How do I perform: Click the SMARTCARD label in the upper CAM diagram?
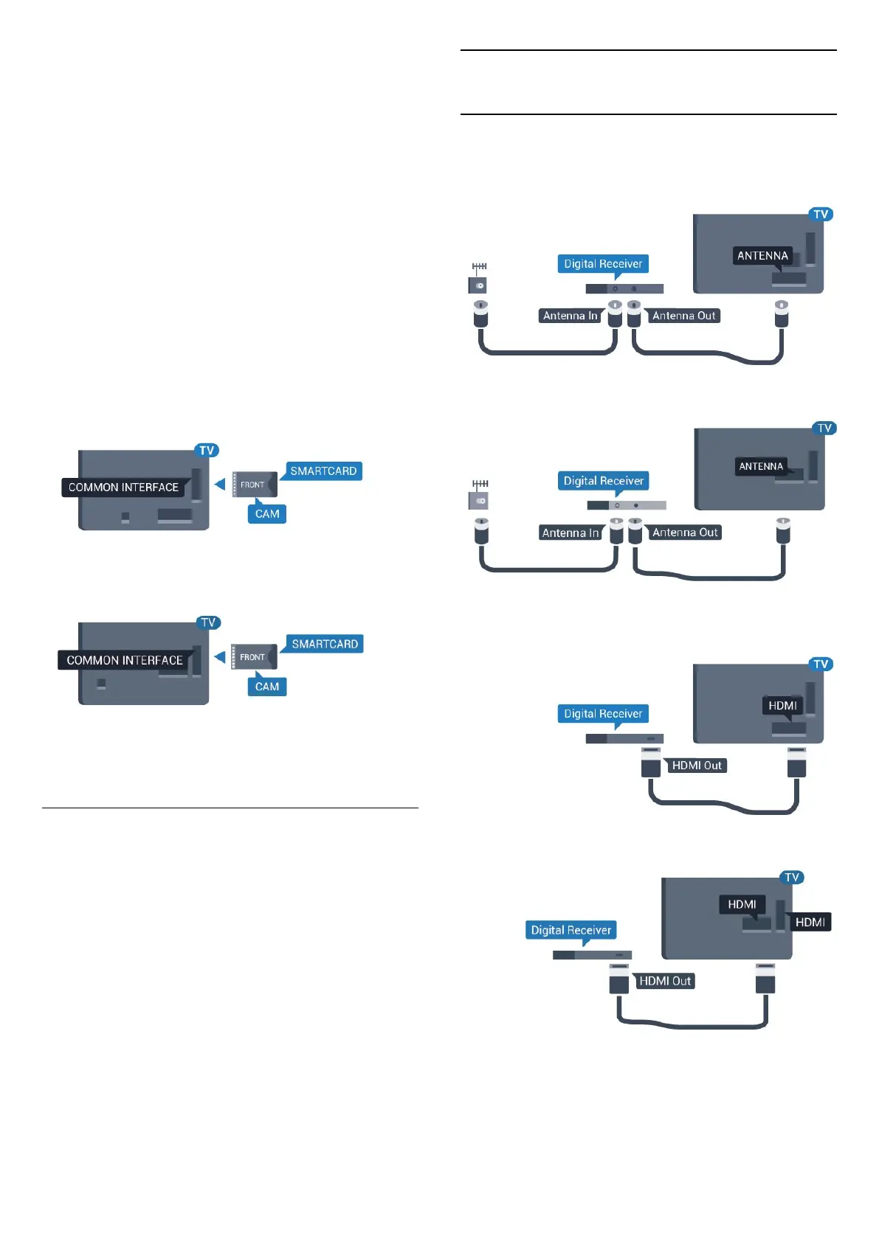click(x=323, y=471)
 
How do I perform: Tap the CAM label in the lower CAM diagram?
click(x=267, y=687)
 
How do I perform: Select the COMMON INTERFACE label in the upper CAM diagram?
click(x=123, y=488)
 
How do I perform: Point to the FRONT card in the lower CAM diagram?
click(x=253, y=657)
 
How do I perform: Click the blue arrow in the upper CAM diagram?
click(x=219, y=485)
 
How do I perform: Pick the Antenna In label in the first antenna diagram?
click(x=570, y=316)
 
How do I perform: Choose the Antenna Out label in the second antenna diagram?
click(x=685, y=532)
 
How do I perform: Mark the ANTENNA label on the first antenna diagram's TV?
click(x=762, y=256)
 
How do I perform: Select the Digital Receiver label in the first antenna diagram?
click(x=603, y=264)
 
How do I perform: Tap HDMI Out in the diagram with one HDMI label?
click(x=696, y=766)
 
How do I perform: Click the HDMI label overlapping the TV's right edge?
click(x=810, y=922)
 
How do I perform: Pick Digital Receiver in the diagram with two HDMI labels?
click(x=571, y=930)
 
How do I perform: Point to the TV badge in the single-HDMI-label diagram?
click(x=821, y=665)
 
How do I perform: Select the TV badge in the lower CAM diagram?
click(x=208, y=622)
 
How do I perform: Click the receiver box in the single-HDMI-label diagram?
click(x=624, y=738)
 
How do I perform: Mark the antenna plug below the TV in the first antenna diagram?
click(x=782, y=314)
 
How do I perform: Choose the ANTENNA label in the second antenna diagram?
click(x=761, y=466)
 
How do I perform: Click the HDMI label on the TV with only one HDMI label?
click(x=782, y=706)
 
